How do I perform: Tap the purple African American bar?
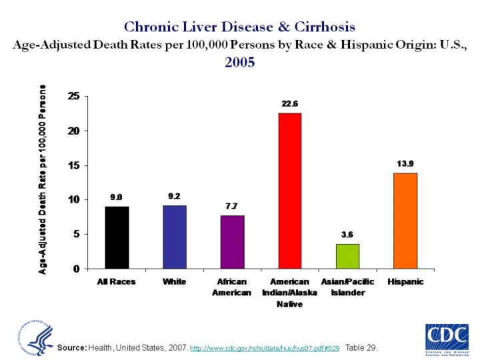pyautogui.click(x=233, y=242)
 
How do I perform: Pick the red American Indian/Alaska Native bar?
pyautogui.click(x=290, y=191)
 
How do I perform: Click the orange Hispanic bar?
pyautogui.click(x=405, y=221)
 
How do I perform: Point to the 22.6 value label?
pyautogui.click(x=290, y=104)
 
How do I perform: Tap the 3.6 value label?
pyautogui.click(x=348, y=235)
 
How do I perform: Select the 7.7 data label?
pyautogui.click(x=232, y=207)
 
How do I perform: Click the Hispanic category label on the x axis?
pyautogui.click(x=405, y=282)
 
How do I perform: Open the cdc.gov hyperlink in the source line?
pyautogui.click(x=265, y=348)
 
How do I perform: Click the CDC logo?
pyautogui.click(x=446, y=337)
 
